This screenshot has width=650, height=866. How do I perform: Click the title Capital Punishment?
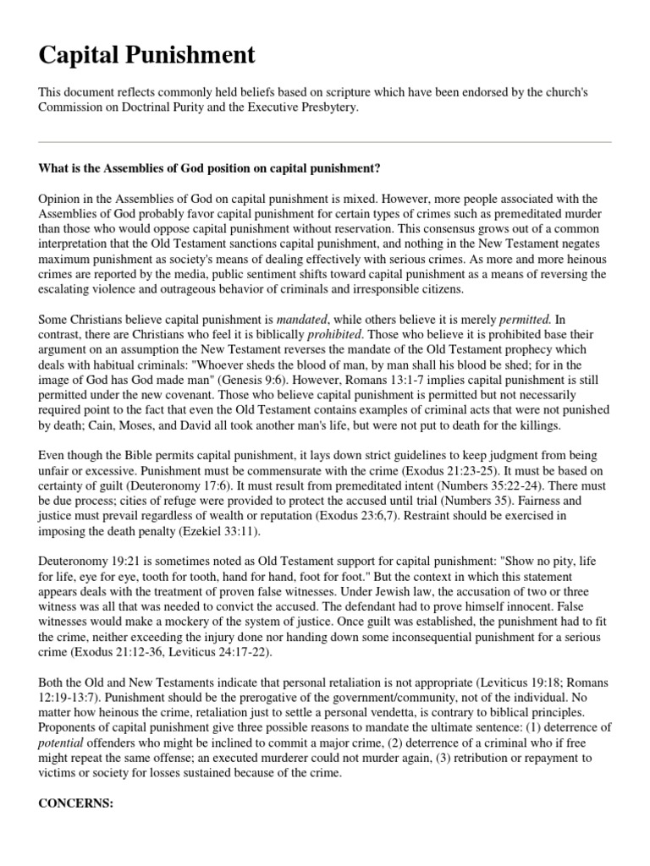click(x=146, y=56)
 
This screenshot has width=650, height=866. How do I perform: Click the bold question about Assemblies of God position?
click(x=209, y=168)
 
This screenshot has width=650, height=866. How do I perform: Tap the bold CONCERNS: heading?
click(x=75, y=802)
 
